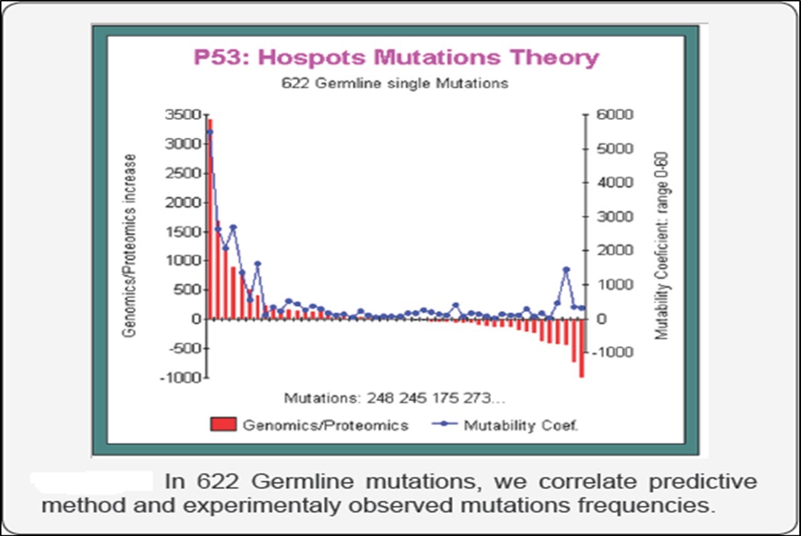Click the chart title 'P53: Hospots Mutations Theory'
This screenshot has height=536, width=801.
[396, 58]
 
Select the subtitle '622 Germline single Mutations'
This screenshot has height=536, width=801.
[395, 83]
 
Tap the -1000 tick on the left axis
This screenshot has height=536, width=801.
[181, 377]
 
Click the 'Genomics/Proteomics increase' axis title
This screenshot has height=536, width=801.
[130, 245]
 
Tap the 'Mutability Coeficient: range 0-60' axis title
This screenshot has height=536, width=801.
[662, 245]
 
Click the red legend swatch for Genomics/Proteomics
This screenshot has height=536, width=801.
[223, 425]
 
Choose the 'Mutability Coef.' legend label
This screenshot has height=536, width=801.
[521, 425]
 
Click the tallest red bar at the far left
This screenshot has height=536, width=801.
[210, 220]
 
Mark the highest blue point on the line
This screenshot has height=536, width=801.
[210, 132]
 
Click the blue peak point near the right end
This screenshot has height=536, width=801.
[566, 269]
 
